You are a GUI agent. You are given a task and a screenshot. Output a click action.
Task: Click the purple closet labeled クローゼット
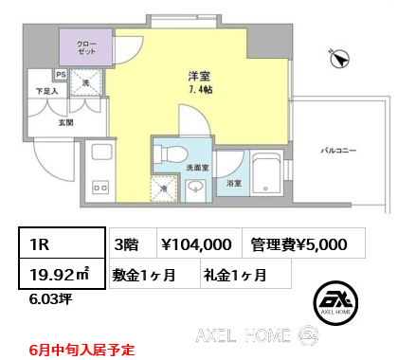86,47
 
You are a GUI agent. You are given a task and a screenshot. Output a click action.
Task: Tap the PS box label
61,75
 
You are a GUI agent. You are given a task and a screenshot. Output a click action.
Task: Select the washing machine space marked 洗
86,82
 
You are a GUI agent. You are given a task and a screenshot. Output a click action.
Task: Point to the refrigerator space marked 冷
164,189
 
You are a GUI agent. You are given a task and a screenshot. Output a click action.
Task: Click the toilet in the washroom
171,154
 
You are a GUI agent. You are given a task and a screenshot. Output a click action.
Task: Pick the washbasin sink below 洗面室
195,188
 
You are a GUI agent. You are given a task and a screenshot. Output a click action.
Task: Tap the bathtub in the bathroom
266,173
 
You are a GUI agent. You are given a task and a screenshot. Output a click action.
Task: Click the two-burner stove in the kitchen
100,188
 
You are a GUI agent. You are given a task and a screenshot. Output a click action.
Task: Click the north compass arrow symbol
339,59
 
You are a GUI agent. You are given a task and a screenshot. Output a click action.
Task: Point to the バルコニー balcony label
338,151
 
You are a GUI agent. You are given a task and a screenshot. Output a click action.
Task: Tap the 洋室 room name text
199,76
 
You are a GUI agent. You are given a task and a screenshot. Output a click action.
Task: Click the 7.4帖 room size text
201,90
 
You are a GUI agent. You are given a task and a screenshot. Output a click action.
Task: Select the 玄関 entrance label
66,122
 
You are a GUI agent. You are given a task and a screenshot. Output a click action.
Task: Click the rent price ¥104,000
196,244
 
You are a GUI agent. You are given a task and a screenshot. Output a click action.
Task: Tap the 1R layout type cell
62,243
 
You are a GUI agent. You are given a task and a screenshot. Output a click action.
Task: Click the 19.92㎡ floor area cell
62,274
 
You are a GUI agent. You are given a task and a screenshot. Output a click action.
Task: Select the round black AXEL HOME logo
335,303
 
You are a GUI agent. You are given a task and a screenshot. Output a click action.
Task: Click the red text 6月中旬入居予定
81,350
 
